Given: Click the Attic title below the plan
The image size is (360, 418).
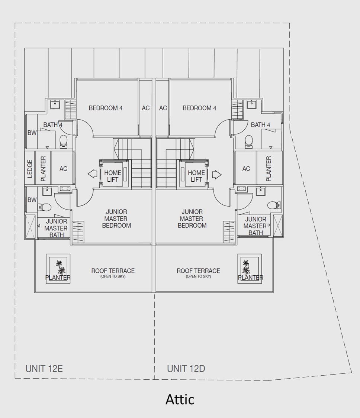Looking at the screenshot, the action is point(180,399).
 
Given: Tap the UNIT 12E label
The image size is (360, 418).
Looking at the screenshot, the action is point(44,369).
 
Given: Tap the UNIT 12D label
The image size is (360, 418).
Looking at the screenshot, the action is point(186,369).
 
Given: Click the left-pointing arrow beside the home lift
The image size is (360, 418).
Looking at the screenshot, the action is point(92,174).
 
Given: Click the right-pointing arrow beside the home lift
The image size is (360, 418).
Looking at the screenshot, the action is point(217,175).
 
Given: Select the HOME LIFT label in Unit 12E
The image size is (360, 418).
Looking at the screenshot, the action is point(113,176).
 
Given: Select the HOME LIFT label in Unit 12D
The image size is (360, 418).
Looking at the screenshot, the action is point(196,176).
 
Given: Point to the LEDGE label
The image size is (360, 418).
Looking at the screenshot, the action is point(30,168).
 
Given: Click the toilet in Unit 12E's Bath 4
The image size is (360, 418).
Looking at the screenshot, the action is point(63,142).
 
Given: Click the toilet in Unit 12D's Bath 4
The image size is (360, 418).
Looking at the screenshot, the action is point(249,142).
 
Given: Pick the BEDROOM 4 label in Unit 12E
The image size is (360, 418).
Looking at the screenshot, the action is point(105,108).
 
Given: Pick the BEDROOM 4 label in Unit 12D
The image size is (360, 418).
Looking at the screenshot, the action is point(199,108).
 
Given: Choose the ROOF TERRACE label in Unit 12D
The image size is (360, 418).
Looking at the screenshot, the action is point(198,271).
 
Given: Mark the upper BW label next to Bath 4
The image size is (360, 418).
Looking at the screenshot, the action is point(32,133).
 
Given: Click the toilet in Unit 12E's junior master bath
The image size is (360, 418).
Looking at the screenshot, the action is point(44,207).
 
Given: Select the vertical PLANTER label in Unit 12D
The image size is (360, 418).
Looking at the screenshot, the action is point(269,169).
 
